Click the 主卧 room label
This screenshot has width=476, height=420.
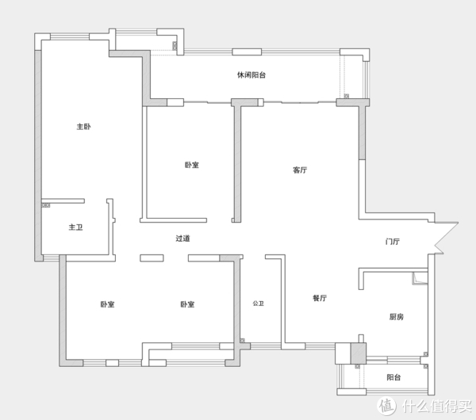(83, 127)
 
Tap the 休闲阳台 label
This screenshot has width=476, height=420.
(251, 75)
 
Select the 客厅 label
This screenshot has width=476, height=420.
(300, 170)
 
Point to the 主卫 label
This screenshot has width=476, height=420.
(75, 227)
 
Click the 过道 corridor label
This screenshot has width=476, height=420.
(182, 239)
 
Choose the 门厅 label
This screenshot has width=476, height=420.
(393, 242)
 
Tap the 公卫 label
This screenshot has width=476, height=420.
(259, 304)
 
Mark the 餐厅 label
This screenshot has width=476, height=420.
(320, 298)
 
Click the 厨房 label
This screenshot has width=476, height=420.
(397, 317)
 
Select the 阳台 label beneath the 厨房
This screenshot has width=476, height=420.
(393, 377)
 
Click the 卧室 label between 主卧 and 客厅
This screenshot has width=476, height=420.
(192, 165)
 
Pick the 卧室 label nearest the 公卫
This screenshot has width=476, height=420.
(187, 304)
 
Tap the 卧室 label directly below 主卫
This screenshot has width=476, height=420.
(107, 304)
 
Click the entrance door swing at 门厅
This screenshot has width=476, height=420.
(446, 238)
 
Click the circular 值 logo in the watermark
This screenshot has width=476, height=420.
(386, 405)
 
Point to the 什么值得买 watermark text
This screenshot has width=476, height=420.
(437, 406)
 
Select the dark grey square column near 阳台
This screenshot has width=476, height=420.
(359, 353)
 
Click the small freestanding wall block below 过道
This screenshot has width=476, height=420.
(152, 258)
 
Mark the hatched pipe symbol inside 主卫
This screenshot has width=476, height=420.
(46, 205)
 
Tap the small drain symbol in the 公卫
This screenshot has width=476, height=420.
(242, 341)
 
